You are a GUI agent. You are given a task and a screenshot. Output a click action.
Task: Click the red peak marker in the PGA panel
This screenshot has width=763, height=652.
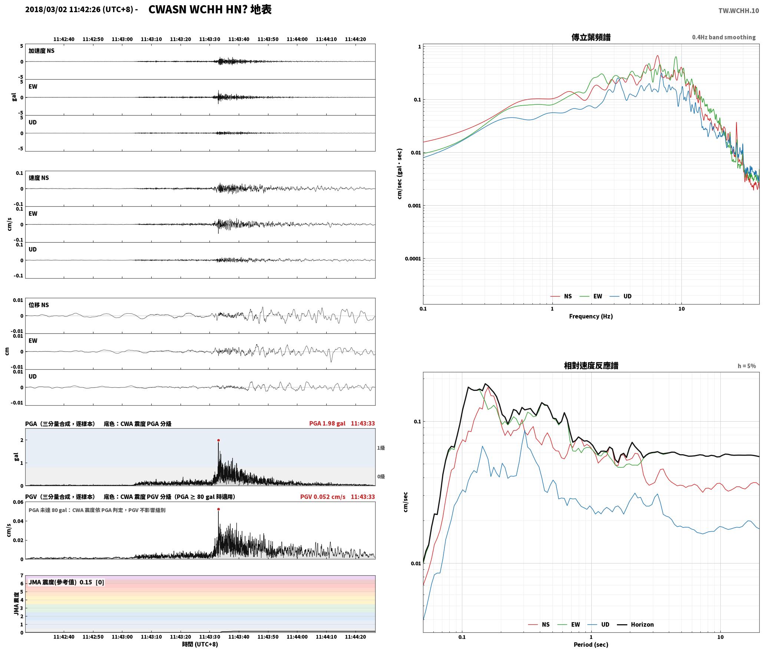pyautogui.click(x=218, y=440)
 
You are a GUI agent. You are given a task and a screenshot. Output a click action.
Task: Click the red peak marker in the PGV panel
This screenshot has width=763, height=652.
pyautogui.click(x=218, y=509)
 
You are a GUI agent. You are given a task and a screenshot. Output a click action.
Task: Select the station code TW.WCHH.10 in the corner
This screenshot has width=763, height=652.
pyautogui.click(x=739, y=11)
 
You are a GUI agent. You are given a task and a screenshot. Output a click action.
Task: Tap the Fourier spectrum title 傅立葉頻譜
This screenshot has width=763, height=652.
pyautogui.click(x=591, y=37)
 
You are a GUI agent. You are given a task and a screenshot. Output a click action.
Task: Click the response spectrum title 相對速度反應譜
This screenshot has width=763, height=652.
pyautogui.click(x=591, y=366)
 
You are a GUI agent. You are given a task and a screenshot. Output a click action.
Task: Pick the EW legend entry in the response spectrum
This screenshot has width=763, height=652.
pyautogui.click(x=569, y=624)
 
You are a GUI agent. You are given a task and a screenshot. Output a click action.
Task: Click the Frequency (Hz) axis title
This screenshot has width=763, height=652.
pyautogui.click(x=591, y=316)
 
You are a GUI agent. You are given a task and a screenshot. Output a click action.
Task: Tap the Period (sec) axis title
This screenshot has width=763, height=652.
pyautogui.click(x=591, y=644)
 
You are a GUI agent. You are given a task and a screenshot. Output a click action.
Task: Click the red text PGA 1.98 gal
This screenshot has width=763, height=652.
pyautogui.click(x=327, y=423)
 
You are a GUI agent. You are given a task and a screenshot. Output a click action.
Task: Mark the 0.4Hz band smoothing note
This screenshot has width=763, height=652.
pyautogui.click(x=724, y=37)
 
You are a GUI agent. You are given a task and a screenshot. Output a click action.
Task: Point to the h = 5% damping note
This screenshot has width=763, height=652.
pyautogui.click(x=747, y=366)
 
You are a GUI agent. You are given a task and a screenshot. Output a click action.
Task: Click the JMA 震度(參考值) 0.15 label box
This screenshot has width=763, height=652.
pyautogui.click(x=66, y=582)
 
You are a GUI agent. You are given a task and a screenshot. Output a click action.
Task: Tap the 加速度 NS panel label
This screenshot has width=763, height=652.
pyautogui.click(x=42, y=51)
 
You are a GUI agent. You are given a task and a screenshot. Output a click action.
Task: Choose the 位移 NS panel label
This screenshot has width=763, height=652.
pyautogui.click(x=39, y=305)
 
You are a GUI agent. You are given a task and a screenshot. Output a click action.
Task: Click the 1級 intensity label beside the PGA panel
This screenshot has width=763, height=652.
pyautogui.click(x=381, y=448)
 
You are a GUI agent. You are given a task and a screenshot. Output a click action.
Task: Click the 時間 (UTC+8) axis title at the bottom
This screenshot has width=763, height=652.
pyautogui.click(x=200, y=644)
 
